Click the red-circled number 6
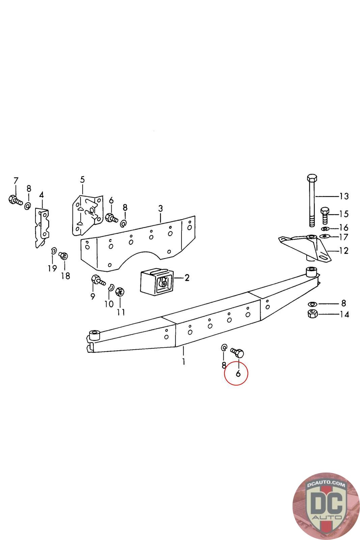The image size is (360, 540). pos(238,374)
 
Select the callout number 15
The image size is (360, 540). pos(344,214)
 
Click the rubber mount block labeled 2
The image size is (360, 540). pos(156,282)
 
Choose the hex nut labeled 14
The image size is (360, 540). pos(313,314)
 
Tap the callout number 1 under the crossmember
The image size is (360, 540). pos(184,362)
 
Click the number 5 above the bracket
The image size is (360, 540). pos(83,180)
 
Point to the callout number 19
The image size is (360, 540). pos(52,268)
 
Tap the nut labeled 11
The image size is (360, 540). pos(120,292)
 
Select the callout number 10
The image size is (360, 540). pos(109,304)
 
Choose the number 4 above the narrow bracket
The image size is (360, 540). pos(41,195)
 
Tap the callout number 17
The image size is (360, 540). pos(343,237)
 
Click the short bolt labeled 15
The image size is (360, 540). pos(325,215)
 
